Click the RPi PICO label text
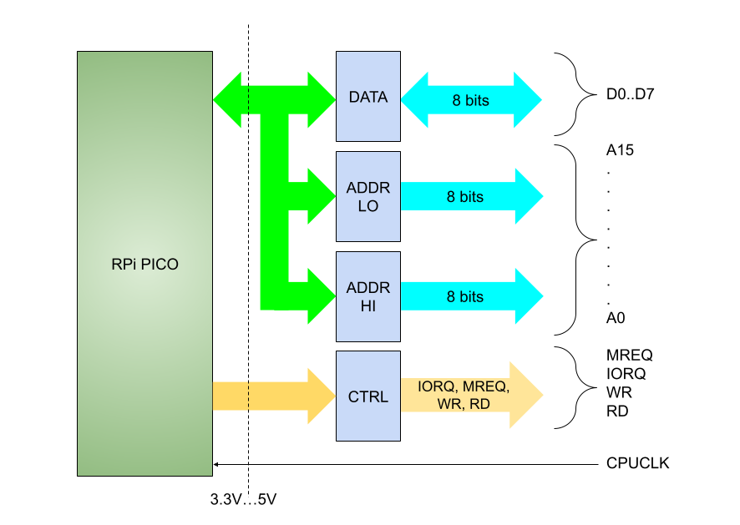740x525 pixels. (x=144, y=264)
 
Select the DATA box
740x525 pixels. (x=367, y=97)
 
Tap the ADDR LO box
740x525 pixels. (x=367, y=197)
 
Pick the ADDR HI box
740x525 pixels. (x=367, y=296)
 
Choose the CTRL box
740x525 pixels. (x=367, y=396)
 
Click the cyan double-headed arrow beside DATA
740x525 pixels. (x=471, y=100)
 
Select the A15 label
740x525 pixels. (x=621, y=152)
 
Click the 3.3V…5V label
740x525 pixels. (x=243, y=501)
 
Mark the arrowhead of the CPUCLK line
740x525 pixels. (x=216, y=463)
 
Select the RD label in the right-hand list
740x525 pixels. (x=616, y=411)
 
